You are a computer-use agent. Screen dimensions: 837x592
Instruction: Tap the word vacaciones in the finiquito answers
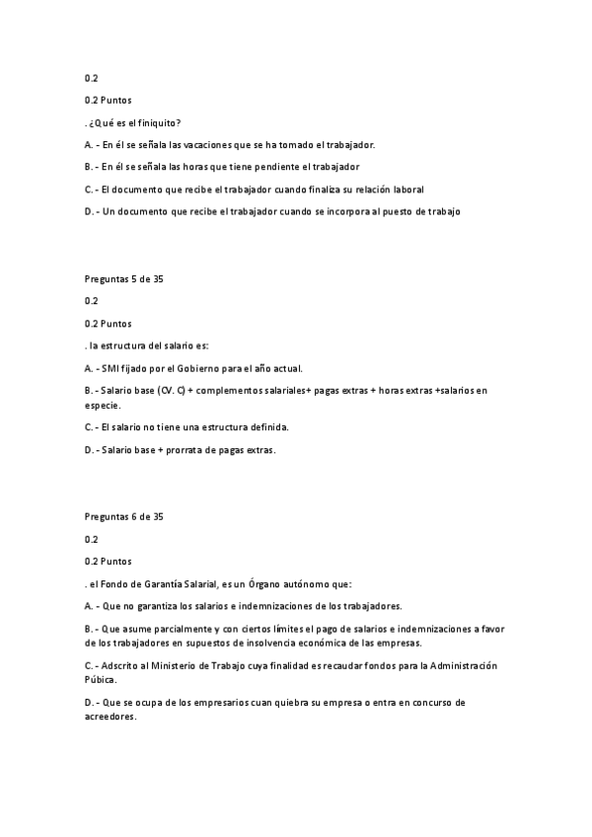tap(205, 144)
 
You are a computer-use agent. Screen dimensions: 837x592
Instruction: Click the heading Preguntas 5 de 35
tap(124, 279)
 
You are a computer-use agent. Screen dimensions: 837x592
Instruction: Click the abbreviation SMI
tap(111, 368)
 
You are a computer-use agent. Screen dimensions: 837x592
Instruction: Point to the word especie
tap(103, 405)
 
